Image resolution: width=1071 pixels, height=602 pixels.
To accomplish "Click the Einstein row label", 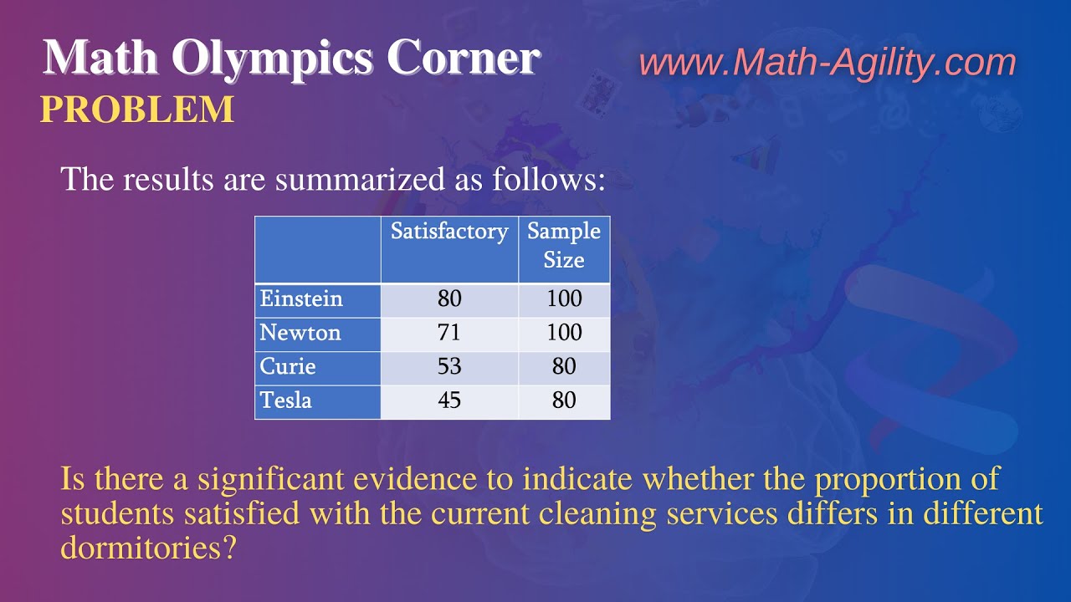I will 301,299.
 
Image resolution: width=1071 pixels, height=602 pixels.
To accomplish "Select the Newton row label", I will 300,333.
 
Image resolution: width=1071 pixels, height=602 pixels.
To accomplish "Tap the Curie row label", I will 288,366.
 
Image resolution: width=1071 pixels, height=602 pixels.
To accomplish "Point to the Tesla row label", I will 286,400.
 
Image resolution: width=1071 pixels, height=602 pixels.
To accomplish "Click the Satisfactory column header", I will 449,232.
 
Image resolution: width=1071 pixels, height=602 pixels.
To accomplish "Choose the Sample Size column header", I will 564,245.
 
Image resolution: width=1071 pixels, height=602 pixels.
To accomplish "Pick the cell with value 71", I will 449,333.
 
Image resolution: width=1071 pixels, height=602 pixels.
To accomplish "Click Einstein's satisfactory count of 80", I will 449,299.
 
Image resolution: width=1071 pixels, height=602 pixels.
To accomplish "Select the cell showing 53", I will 449,366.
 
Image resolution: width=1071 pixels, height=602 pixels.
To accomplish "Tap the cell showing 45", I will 449,400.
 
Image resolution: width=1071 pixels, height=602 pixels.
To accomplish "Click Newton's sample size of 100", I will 564,333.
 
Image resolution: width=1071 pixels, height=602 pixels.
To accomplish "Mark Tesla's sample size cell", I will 564,400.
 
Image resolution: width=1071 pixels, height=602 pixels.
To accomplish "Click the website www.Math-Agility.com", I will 828,63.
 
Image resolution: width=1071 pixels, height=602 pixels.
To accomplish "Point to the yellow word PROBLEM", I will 137,110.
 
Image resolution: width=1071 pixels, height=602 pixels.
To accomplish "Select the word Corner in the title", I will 463,59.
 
